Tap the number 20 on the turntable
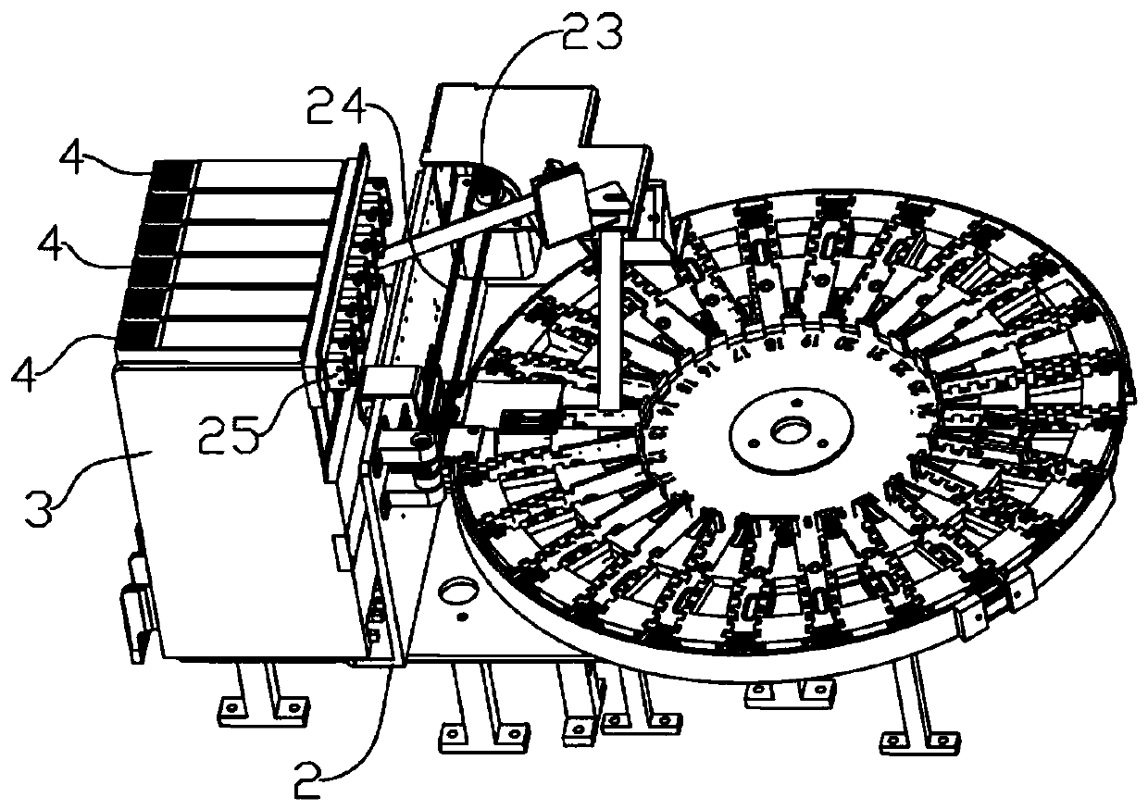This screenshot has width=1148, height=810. tap(843, 343)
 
